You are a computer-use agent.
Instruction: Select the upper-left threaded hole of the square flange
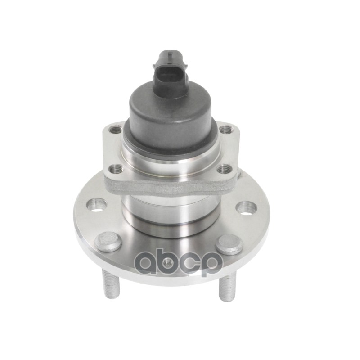116,130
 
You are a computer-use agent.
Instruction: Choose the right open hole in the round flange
246,208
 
